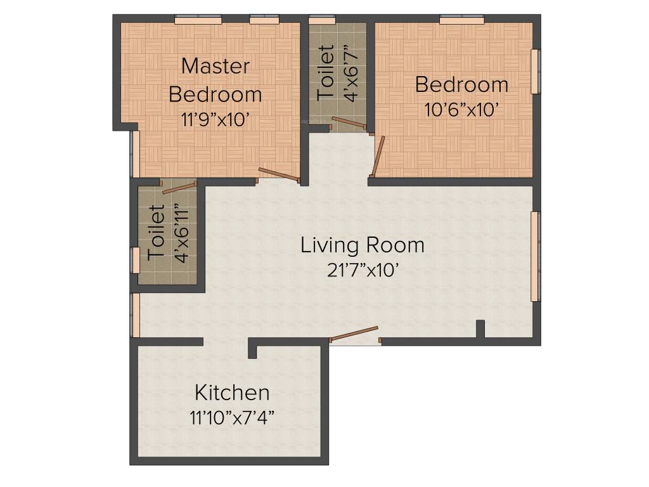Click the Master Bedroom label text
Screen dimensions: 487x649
pos(215,80)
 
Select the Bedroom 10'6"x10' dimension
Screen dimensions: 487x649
pos(463,109)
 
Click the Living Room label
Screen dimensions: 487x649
pos(363,245)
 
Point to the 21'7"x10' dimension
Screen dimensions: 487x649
pos(363,271)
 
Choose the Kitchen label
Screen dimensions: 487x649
pos(231,393)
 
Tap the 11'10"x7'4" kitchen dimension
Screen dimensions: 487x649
pos(231,418)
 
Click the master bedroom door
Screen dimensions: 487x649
pos(279,174)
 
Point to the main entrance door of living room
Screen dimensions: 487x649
pos(355,334)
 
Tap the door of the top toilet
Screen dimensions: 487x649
pos(349,124)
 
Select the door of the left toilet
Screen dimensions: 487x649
pos(180,187)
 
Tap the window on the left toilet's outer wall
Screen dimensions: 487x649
pos(135,260)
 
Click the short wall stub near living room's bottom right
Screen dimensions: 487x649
pos(480,328)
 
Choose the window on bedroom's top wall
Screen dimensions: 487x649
pos(461,20)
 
